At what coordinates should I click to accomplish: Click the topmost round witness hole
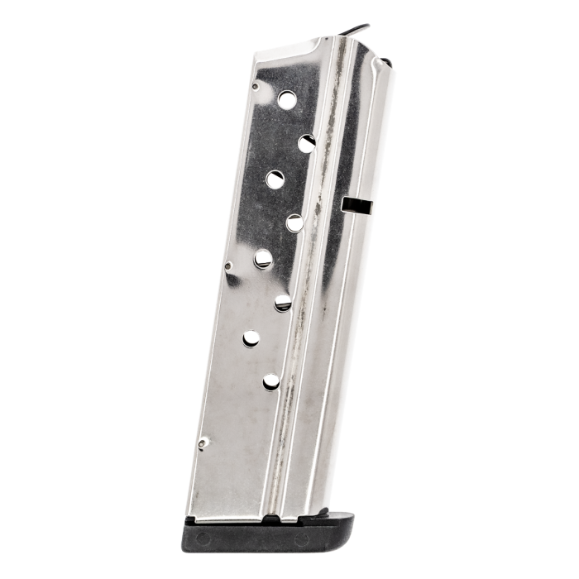point(287,100)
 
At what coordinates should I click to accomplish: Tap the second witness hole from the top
point(307,143)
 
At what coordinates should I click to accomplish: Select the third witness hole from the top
point(275,179)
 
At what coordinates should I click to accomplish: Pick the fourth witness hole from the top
point(295,223)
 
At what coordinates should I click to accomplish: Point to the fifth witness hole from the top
point(263,259)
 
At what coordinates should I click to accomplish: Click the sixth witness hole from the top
point(283,302)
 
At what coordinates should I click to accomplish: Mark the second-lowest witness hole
point(251,337)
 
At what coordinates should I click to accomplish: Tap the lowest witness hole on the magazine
point(271,381)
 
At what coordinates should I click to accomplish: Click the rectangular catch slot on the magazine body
point(356,203)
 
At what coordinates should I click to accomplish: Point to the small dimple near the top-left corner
point(255,85)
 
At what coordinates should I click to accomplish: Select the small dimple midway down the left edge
point(229,266)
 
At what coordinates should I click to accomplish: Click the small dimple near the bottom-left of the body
point(203,444)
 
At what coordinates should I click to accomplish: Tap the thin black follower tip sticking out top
point(356,31)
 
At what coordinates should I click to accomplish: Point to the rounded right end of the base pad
point(348,534)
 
